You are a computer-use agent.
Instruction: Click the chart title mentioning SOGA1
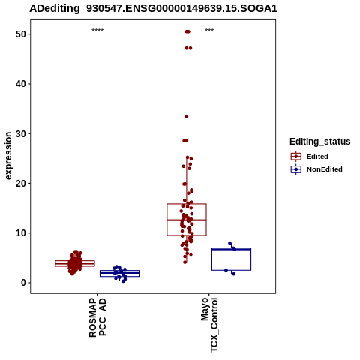click(x=153, y=8)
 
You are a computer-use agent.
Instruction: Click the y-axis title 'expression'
click(x=8, y=155)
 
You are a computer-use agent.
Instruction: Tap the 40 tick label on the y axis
click(x=21, y=84)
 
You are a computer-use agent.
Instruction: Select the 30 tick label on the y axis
click(x=21, y=133)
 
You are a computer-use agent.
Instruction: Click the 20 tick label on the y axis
click(x=21, y=183)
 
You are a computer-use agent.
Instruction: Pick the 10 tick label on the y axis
click(x=21, y=233)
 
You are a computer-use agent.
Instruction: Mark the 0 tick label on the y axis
click(x=24, y=283)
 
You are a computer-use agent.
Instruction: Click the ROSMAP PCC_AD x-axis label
click(x=97, y=317)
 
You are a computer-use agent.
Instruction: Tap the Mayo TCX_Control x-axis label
click(x=209, y=325)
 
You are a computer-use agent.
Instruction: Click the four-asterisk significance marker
click(x=97, y=31)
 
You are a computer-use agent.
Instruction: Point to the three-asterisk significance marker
click(x=209, y=31)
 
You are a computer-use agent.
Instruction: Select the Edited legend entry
click(x=309, y=157)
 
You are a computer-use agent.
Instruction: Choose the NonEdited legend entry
click(x=316, y=169)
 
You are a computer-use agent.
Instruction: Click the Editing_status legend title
click(x=320, y=142)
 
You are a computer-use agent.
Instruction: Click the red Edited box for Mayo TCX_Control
click(x=187, y=204)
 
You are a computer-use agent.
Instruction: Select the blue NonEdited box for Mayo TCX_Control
click(x=231, y=248)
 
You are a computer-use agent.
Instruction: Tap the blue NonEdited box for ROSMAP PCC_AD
click(x=119, y=271)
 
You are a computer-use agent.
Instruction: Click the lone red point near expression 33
click(x=187, y=116)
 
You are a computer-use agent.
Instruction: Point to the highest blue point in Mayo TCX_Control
click(x=229, y=243)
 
